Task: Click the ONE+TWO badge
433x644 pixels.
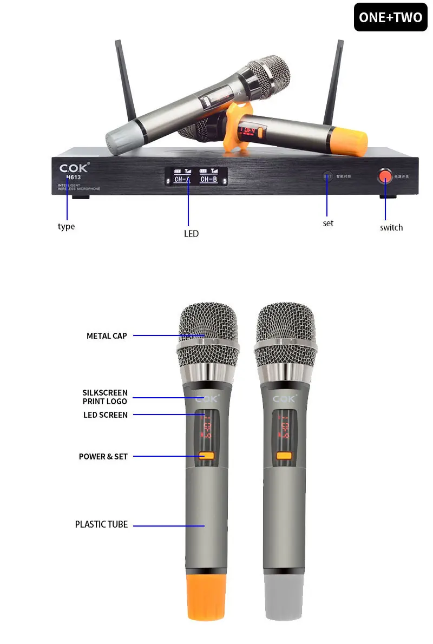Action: coord(390,17)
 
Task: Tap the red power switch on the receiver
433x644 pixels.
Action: coord(385,175)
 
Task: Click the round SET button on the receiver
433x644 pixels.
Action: coord(327,176)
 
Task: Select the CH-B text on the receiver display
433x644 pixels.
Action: coord(208,179)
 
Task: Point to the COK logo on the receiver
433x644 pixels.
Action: coord(74,167)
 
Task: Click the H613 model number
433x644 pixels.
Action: coord(73,177)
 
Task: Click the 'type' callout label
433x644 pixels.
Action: coord(66,226)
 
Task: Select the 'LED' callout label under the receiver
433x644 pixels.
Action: coord(191,234)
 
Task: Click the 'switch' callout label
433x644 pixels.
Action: coord(391,227)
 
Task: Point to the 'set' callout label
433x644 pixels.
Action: coord(328,223)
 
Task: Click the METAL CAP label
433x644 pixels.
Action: coord(107,336)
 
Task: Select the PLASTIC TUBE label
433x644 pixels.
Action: coord(101,524)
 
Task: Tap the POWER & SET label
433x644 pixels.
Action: coord(103,457)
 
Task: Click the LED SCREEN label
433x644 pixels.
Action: coord(106,415)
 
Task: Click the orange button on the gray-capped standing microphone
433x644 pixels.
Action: coord(284,456)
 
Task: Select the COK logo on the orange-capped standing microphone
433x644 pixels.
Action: coord(206,399)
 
